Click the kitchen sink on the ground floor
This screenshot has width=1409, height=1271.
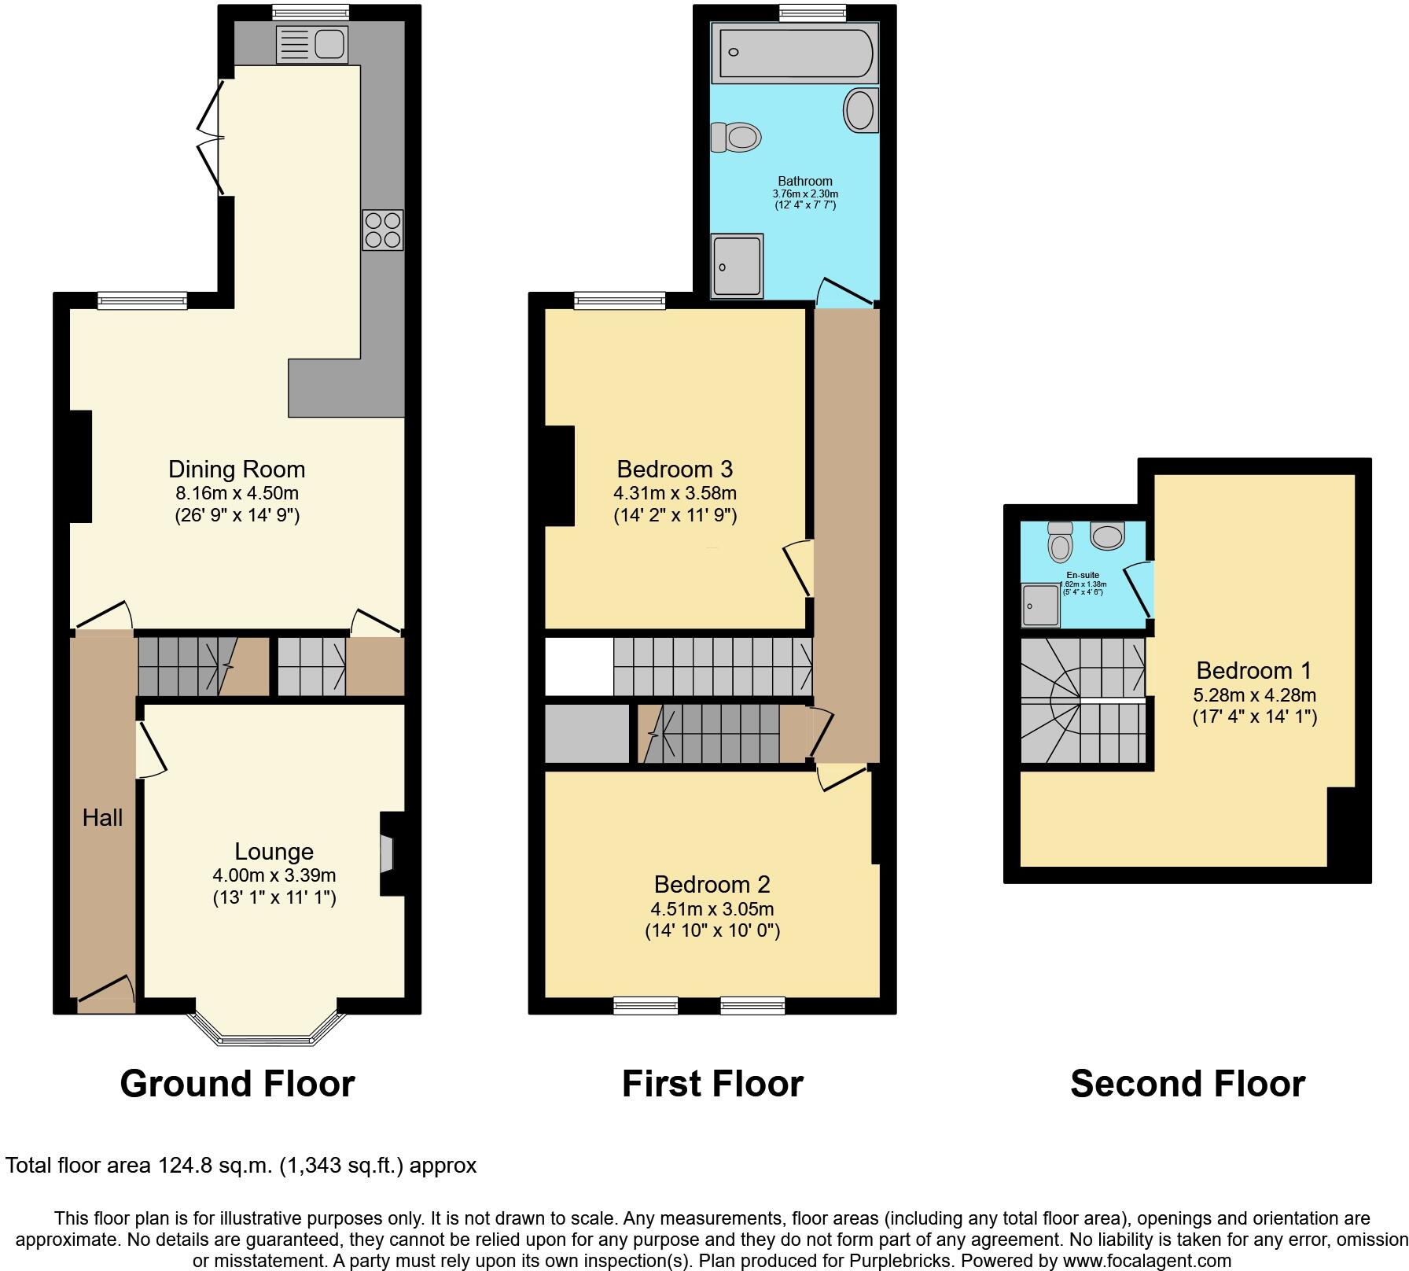[x=311, y=45]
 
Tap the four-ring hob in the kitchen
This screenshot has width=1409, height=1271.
[x=383, y=230]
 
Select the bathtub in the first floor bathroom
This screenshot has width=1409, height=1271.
[x=794, y=53]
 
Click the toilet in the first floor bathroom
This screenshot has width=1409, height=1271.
[x=736, y=138]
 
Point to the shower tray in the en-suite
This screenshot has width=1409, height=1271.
[x=1040, y=605]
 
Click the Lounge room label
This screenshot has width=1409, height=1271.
[x=274, y=851]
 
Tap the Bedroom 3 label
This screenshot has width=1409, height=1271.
[x=675, y=469]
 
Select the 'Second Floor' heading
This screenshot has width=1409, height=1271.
[x=1187, y=1084]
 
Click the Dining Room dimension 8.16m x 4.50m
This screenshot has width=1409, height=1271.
[x=237, y=494]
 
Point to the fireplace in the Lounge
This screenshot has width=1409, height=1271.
[x=388, y=853]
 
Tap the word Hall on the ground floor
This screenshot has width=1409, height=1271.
[x=102, y=818]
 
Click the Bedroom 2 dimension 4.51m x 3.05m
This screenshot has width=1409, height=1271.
[x=712, y=909]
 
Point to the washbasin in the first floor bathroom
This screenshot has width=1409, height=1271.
[x=860, y=110]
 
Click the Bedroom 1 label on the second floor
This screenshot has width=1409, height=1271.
[x=1253, y=670]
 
